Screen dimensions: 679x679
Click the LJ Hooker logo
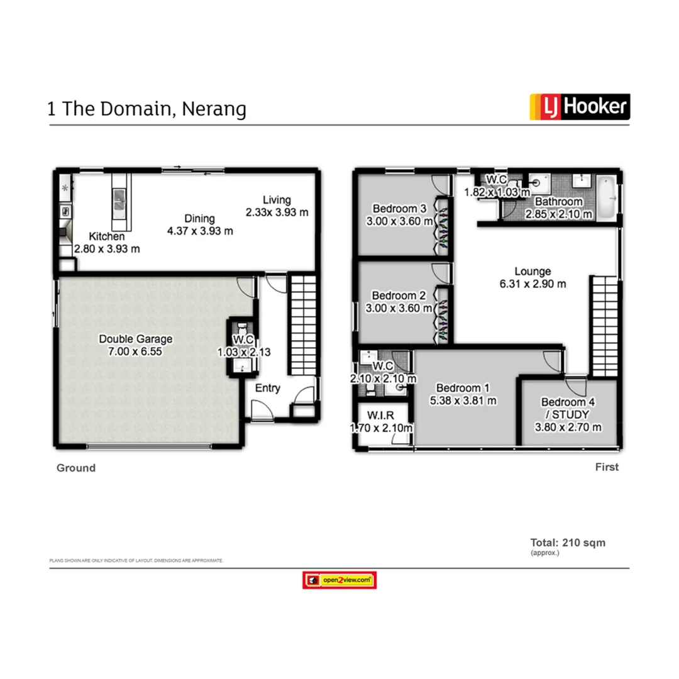coord(579,107)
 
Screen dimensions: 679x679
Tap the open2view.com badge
coord(339,580)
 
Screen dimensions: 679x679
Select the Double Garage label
coord(135,339)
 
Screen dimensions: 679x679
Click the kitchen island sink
coord(119,202)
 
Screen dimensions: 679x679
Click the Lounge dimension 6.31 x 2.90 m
coord(533,284)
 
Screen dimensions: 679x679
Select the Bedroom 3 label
coord(399,209)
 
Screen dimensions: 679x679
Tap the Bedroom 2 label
coord(399,295)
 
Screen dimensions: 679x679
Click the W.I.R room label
coord(381,415)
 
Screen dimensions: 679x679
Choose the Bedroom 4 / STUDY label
coord(568,408)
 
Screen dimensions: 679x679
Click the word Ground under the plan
coord(76,468)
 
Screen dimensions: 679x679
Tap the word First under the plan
coord(607,467)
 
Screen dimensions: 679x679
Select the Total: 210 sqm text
coord(568,543)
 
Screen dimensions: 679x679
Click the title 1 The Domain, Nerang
coord(146,109)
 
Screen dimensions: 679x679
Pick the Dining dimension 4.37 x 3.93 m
coord(199,231)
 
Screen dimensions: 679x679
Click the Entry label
coord(267,389)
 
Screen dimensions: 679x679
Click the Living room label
coord(277,200)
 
